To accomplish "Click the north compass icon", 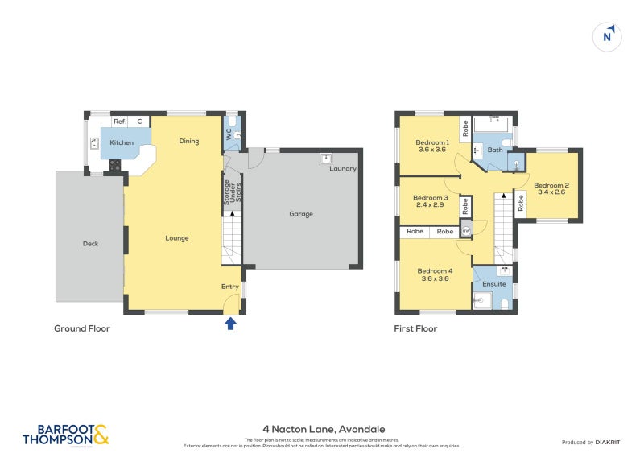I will [608, 36].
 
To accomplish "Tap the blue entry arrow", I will [230, 323].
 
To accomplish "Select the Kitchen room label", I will [122, 142].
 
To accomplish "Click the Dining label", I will [188, 142].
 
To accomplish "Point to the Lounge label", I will [176, 238].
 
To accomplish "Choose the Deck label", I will [90, 243].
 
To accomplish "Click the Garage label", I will [300, 214].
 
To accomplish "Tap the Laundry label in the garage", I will [342, 168].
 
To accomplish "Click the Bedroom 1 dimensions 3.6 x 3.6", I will [432, 149].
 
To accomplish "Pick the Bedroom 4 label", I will [435, 271].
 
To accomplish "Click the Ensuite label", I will [494, 284].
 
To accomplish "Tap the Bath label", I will [494, 150].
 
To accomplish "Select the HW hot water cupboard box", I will [465, 232].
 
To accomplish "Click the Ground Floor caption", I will [82, 328].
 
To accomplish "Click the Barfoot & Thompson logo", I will [65, 435].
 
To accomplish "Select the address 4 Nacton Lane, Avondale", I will [324, 429].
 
